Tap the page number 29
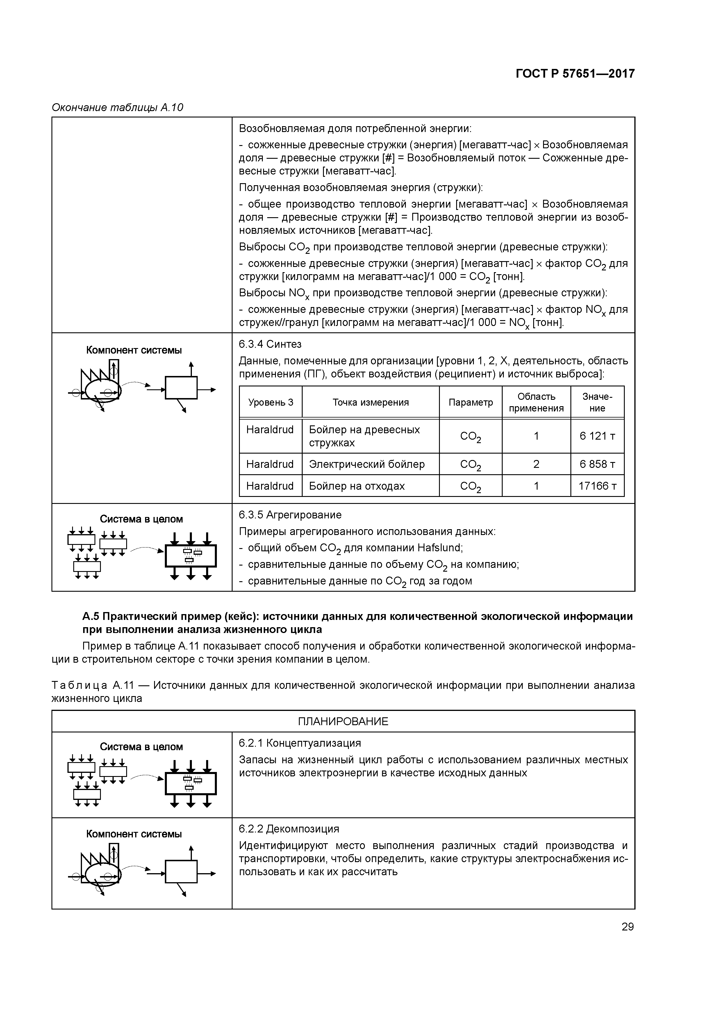coord(627,927)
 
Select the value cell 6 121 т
coord(597,436)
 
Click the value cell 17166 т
coord(597,486)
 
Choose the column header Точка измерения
coord(370,402)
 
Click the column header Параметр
coord(470,402)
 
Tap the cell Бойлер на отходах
coord(357,486)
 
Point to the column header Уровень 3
coord(271,402)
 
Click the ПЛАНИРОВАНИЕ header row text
coord(343,721)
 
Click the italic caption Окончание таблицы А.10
coord(117,108)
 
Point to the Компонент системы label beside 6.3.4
coord(134,350)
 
